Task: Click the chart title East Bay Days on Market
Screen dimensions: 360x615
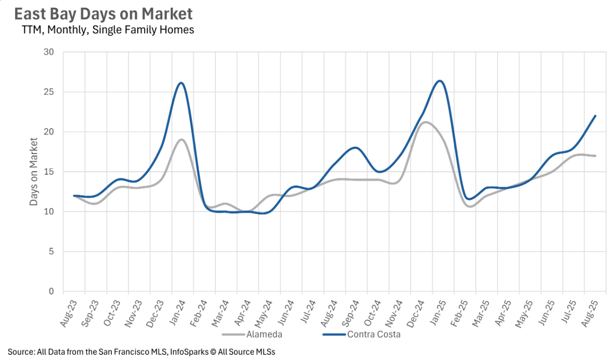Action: tap(103, 14)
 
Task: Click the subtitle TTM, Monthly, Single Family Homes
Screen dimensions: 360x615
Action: tap(108, 30)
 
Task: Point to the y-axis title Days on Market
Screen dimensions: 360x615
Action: tap(34, 171)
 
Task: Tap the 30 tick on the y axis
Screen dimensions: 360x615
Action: tap(49, 52)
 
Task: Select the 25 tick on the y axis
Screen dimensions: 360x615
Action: tap(49, 92)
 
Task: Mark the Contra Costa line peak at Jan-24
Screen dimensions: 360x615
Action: tap(181, 83)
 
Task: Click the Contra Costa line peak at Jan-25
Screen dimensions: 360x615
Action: tap(440, 81)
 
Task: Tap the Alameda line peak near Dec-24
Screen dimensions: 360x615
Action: tap(426, 122)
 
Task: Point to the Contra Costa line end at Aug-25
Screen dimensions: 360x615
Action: tap(595, 116)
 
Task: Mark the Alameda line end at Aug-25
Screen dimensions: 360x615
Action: tap(595, 156)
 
